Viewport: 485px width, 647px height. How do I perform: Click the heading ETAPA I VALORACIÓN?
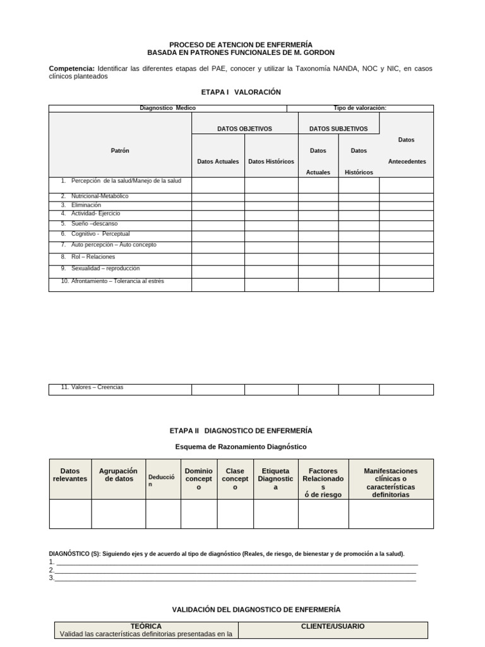(x=241, y=92)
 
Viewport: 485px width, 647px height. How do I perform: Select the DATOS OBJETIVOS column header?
(x=244, y=129)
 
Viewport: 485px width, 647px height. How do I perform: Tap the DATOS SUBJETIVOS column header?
(x=338, y=129)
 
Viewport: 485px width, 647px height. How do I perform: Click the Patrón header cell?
(x=120, y=150)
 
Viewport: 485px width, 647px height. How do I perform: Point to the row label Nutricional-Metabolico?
(x=100, y=196)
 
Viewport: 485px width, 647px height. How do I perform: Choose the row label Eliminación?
(x=86, y=205)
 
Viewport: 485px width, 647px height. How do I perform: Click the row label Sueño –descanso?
(x=94, y=224)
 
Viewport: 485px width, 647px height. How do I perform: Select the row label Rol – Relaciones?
(x=93, y=257)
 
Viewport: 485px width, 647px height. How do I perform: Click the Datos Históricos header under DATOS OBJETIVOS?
(x=271, y=162)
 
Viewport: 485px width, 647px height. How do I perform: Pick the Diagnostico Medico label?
(x=167, y=108)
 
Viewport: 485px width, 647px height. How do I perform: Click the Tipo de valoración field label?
(x=359, y=108)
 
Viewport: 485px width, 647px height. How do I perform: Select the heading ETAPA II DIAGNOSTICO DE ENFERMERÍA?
(x=241, y=430)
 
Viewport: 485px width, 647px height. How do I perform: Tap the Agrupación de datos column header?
(x=118, y=475)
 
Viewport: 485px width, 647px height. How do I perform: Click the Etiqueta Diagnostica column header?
(x=275, y=479)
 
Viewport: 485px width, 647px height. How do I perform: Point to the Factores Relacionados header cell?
(x=323, y=483)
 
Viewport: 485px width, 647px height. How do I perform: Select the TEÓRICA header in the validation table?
(x=146, y=626)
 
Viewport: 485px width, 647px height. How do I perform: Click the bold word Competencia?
(x=71, y=68)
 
